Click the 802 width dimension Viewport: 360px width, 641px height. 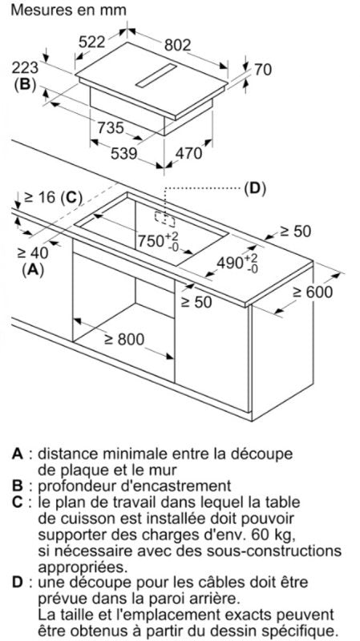[177, 45]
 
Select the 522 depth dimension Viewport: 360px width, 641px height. [92, 42]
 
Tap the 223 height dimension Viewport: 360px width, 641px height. [25, 67]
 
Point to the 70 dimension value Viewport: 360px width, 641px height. [263, 70]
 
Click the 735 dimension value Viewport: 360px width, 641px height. [111, 128]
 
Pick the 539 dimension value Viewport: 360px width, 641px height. [124, 153]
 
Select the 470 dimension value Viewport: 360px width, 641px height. [188, 153]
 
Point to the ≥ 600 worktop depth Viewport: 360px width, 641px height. [313, 292]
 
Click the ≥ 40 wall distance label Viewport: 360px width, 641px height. [32, 253]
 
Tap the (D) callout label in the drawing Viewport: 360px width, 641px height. [254, 188]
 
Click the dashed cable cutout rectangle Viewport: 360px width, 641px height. [164, 218]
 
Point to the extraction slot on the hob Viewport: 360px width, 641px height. [156, 75]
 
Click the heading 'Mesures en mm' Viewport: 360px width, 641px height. [69, 10]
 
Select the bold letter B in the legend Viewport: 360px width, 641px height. [17, 486]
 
